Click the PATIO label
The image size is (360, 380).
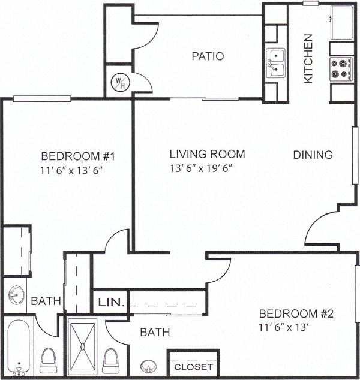pyautogui.click(x=208, y=56)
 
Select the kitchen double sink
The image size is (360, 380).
pyautogui.click(x=276, y=64)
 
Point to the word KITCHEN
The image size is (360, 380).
pyautogui.click(x=308, y=58)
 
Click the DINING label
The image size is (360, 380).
pyautogui.click(x=313, y=155)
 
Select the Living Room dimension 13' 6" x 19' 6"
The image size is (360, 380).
pyautogui.click(x=201, y=168)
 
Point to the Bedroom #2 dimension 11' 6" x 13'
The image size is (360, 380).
pyautogui.click(x=285, y=328)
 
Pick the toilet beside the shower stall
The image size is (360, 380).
pyautogui.click(x=110, y=361)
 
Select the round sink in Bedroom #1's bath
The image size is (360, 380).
pyautogui.click(x=16, y=294)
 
